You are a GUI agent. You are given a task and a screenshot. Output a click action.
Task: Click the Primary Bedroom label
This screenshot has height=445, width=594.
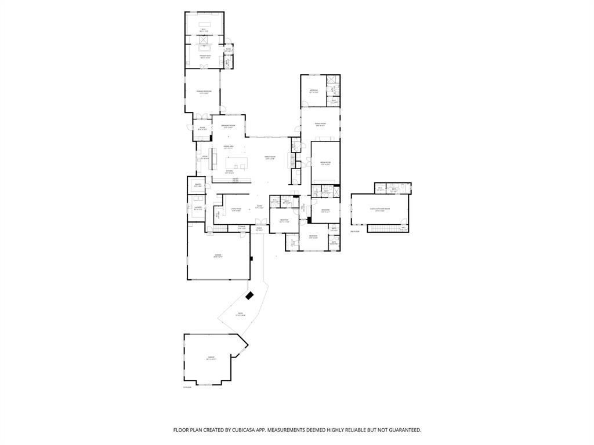click(204, 92)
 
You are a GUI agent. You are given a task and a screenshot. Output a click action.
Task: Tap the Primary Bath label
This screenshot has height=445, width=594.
click(205, 57)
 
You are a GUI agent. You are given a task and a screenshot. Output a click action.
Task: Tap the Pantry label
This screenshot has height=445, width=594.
click(198, 185)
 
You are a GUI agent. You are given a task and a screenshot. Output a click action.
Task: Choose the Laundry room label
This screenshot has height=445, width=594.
click(198, 208)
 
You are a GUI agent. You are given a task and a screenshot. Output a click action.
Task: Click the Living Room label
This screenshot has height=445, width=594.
click(236, 210)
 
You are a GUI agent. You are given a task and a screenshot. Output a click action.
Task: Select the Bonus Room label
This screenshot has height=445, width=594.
click(320, 125)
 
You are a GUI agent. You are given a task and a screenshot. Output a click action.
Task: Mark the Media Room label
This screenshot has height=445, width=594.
click(325, 163)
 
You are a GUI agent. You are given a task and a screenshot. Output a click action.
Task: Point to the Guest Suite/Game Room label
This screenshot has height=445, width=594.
click(380, 210)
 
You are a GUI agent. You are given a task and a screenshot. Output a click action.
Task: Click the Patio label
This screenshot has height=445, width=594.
click(240, 315)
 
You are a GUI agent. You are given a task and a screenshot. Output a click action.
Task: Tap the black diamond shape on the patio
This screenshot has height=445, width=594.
click(249, 296)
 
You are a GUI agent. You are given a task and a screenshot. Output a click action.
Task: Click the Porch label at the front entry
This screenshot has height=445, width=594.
click(260, 229)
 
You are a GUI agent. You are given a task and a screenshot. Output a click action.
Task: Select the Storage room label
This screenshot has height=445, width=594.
click(241, 228)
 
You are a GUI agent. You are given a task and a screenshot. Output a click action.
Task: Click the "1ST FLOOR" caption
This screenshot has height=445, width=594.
click(187, 387)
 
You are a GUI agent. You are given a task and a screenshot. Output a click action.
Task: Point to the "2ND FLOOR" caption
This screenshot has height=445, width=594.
click(355, 232)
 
